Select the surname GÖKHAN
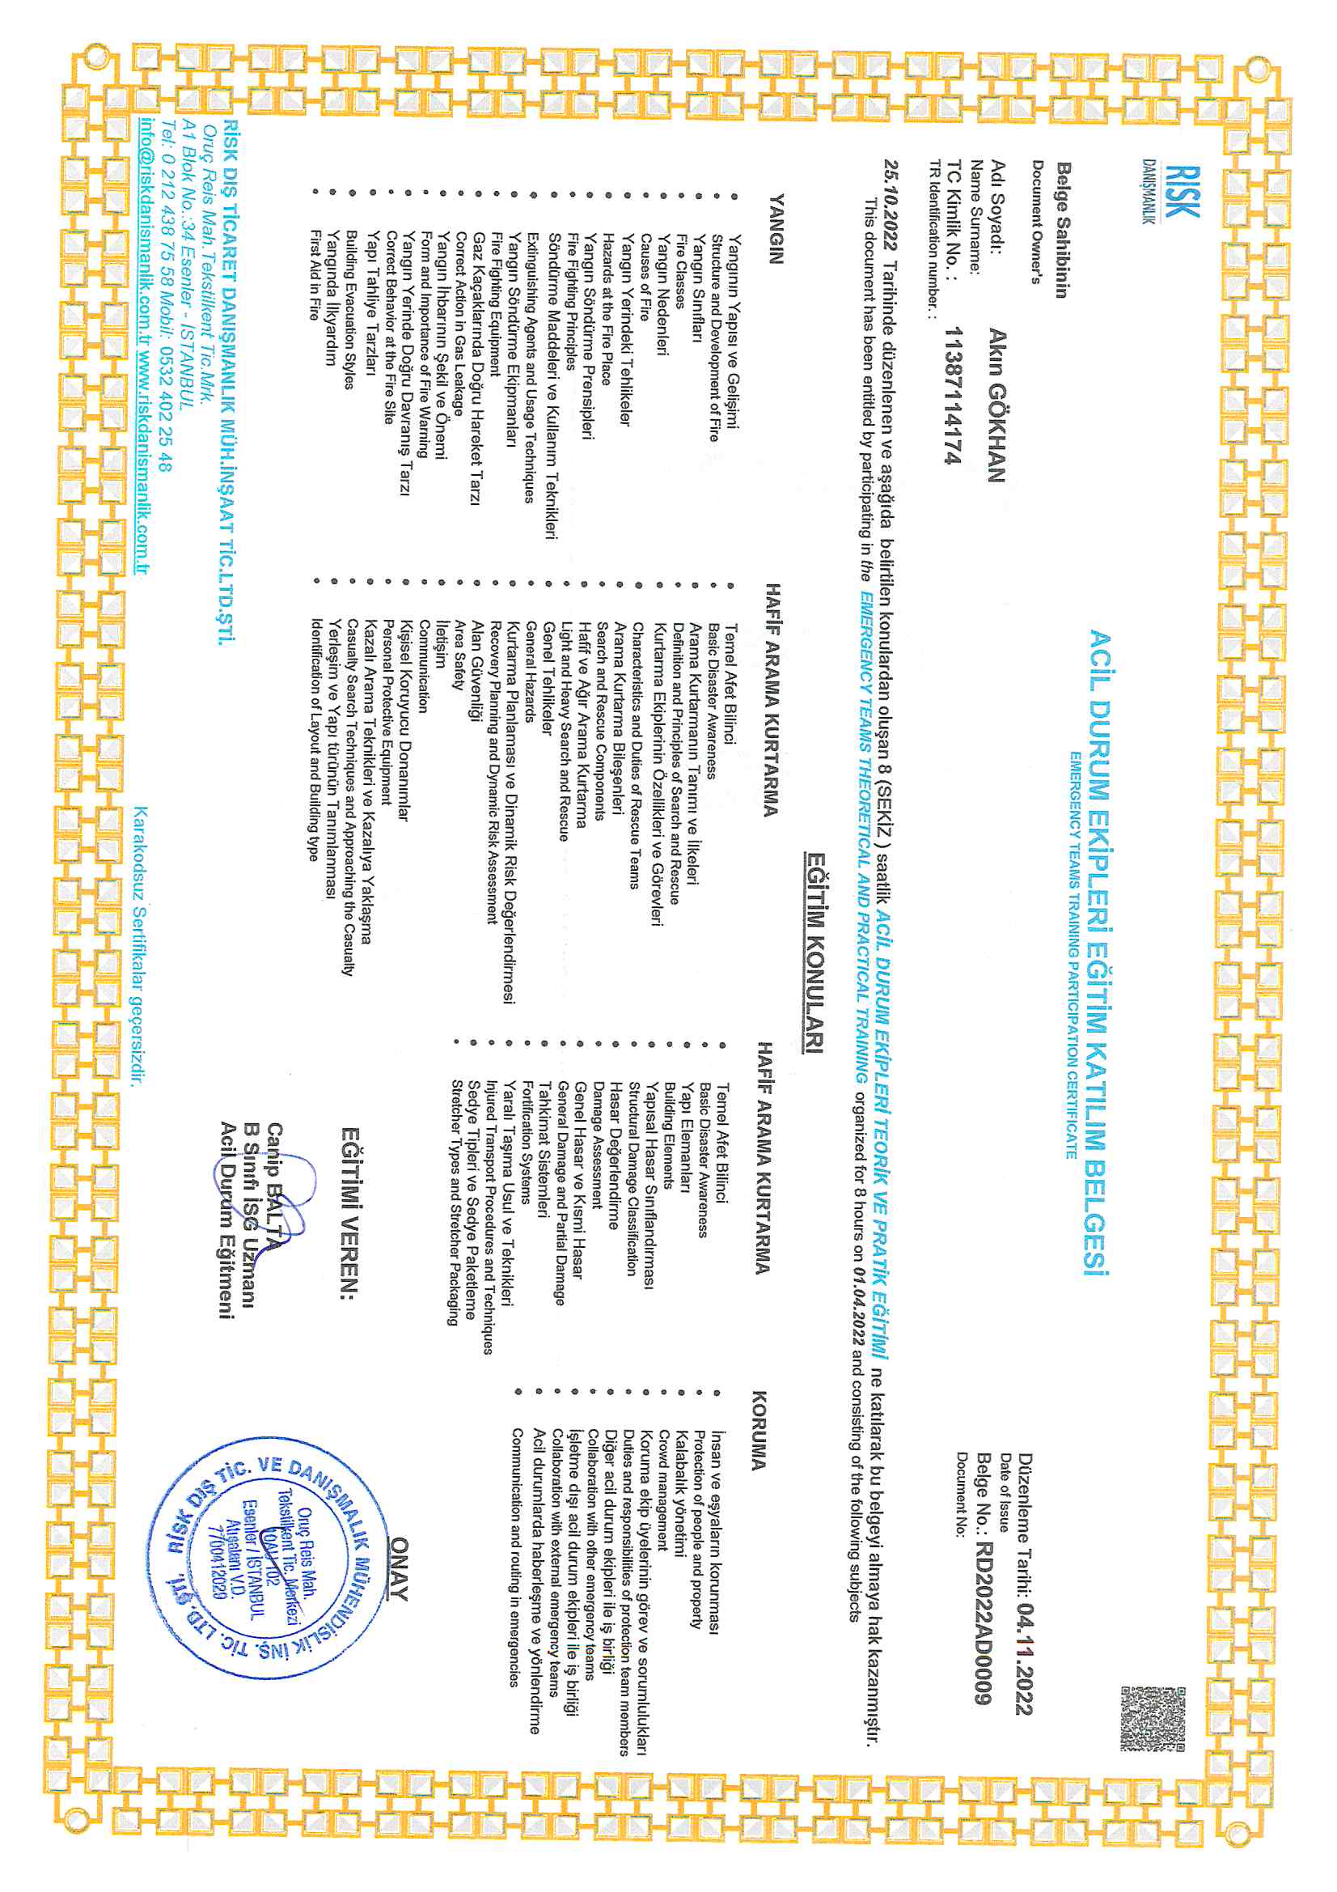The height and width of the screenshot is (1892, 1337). click(996, 432)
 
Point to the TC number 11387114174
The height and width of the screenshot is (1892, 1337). click(952, 396)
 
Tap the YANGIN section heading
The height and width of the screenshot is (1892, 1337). click(775, 228)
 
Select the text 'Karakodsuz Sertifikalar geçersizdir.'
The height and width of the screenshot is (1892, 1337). click(140, 947)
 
